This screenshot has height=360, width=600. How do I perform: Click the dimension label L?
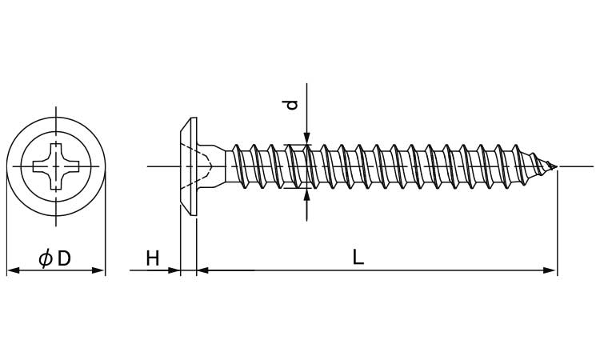coord(358,258)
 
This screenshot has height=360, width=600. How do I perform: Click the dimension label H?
coord(153,258)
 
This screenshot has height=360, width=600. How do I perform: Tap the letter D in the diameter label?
coord(64,258)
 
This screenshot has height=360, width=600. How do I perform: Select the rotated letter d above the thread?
coord(292,105)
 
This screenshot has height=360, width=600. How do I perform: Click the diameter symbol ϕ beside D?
coord(45,258)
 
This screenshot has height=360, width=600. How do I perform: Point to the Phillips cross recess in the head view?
coord(56,166)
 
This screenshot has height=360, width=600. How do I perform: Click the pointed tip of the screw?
coord(556,166)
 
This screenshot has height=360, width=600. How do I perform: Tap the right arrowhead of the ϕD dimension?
coord(98,270)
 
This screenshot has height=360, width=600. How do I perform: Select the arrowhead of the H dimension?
coord(174,270)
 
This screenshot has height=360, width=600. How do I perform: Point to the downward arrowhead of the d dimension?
coord(306,138)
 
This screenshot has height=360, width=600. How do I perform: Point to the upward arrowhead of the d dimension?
coord(306,194)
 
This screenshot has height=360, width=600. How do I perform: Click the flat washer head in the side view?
coord(189,167)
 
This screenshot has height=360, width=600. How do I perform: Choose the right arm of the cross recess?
coord(71,166)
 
